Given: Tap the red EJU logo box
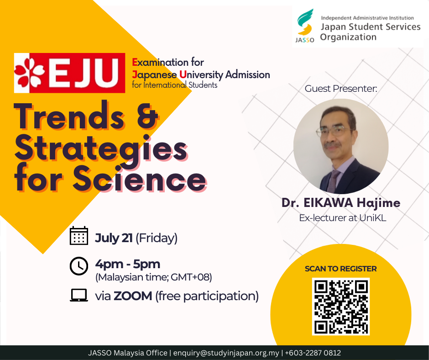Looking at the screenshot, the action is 69,73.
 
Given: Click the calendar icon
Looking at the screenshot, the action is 79,236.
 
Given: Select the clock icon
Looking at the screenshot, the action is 79,266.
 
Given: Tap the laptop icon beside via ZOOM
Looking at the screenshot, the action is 79,295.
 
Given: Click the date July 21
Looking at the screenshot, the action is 114,238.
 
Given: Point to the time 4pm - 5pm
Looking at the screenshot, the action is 127,264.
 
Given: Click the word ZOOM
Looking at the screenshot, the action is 133,296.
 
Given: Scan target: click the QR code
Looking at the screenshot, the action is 341,307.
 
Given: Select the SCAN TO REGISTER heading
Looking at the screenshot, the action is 340,269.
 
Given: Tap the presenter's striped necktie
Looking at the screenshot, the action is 334,181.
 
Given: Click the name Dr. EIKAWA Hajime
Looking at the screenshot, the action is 341,203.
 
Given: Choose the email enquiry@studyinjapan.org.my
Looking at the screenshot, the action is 226,353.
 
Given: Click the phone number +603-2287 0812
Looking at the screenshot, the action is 313,353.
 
